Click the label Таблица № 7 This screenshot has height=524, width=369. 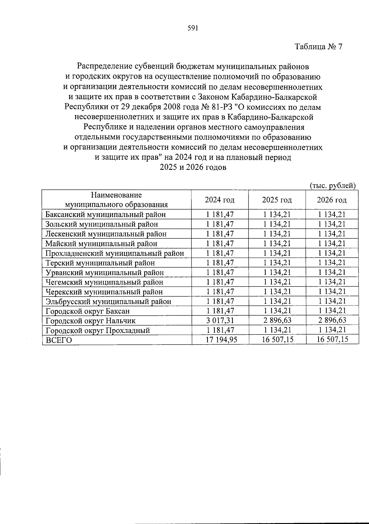click(x=318, y=47)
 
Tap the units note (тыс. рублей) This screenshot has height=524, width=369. click(x=332, y=186)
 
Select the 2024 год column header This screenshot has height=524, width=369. click(x=220, y=200)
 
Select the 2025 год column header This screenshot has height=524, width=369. click(x=277, y=200)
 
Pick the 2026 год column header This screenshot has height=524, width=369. click(x=332, y=200)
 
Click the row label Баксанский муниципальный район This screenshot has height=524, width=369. click(x=105, y=214)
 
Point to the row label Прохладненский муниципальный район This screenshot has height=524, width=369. click(x=114, y=253)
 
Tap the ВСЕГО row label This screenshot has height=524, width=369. click(x=59, y=340)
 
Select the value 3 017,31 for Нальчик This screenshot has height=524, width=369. click(x=220, y=321)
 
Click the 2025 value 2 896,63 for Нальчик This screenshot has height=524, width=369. click(x=277, y=321)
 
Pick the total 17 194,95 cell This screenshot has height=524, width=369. click(x=220, y=340)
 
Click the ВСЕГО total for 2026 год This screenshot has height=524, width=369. click(x=332, y=340)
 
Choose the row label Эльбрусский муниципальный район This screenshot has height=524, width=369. click(x=108, y=302)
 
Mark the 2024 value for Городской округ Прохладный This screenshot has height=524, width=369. click(x=220, y=330)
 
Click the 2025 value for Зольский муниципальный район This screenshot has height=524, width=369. click(x=277, y=224)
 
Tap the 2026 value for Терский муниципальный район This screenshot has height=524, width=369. click(x=332, y=263)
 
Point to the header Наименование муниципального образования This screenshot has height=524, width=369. click(x=116, y=200)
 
